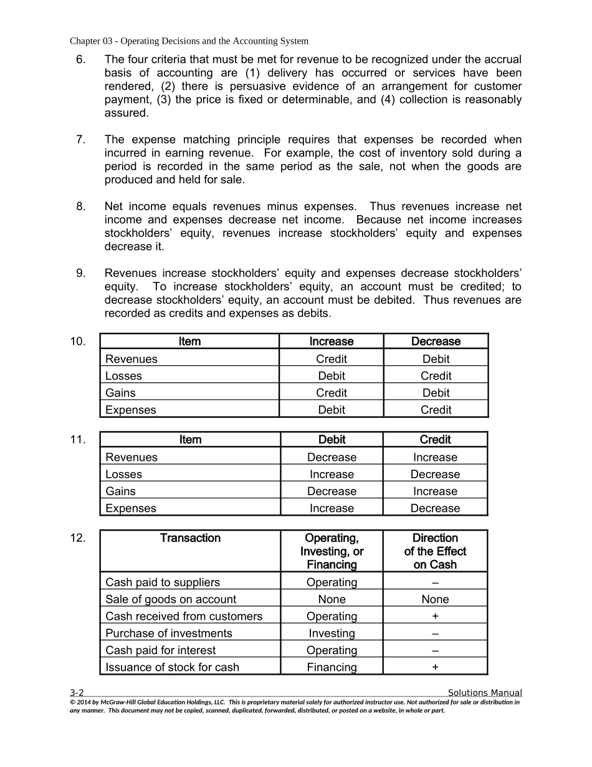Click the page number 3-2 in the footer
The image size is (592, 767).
click(77, 693)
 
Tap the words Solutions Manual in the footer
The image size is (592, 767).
click(485, 693)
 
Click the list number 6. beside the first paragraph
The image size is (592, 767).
click(80, 60)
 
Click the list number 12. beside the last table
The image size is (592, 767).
click(78, 538)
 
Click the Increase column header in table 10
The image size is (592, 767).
click(332, 342)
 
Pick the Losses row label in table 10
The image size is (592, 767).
click(123, 376)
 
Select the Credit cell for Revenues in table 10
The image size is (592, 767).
click(332, 359)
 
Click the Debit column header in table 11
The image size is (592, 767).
click(332, 440)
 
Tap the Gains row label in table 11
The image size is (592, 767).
click(120, 491)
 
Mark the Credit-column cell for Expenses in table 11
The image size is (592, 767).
click(435, 508)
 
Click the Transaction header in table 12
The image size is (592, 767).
click(190, 538)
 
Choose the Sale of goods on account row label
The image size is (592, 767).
click(171, 599)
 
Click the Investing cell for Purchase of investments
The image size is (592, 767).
click(332, 634)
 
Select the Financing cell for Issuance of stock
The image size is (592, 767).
click(332, 667)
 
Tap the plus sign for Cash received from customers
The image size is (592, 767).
click(435, 616)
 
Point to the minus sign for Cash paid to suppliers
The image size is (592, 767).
click(435, 582)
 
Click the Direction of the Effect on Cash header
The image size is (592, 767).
click(435, 551)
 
